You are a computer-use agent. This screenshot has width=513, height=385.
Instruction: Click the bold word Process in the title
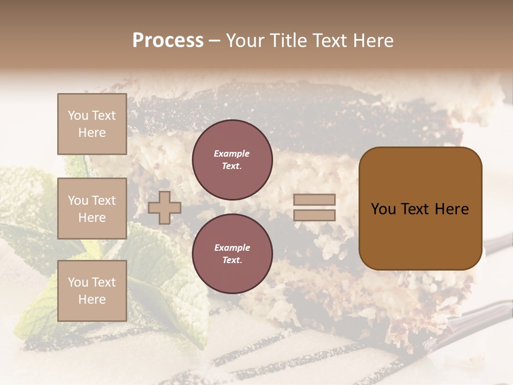[x=168, y=41]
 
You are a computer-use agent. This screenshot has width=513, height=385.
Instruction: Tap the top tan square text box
[x=92, y=124]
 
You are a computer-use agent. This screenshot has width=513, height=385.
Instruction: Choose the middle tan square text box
[x=92, y=209]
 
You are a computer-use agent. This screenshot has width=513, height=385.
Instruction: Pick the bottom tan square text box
[x=92, y=291]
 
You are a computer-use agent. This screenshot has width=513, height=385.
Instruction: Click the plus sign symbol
[x=165, y=207]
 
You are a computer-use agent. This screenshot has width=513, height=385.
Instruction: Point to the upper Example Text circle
[x=232, y=159]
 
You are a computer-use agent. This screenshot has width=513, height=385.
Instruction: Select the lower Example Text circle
[x=232, y=253]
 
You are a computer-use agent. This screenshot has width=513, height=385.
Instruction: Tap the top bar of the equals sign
[x=314, y=200]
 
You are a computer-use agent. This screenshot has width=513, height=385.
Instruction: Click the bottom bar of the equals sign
[x=314, y=215]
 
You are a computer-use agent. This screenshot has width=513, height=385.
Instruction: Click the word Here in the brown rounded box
[x=452, y=209]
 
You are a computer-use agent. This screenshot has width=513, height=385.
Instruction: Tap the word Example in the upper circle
[x=232, y=153]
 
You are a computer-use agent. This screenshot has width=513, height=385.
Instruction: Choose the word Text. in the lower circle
[x=232, y=260]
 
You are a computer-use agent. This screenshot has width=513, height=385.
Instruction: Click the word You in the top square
[x=78, y=115]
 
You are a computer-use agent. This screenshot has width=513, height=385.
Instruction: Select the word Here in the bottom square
[x=92, y=299]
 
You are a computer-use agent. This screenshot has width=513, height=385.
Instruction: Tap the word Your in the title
[x=244, y=41]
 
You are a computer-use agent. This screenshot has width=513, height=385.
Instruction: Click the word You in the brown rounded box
[x=383, y=209]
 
